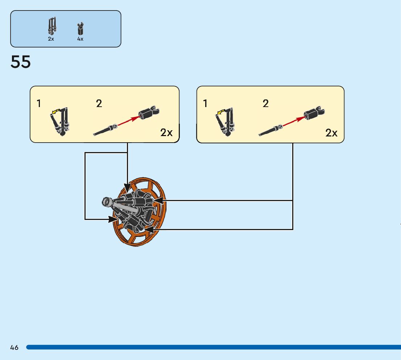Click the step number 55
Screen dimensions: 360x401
[21, 62]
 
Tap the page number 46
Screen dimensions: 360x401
[14, 348]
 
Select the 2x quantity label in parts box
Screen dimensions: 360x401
[51, 39]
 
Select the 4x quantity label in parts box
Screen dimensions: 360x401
[80, 39]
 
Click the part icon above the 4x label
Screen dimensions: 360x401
[80, 29]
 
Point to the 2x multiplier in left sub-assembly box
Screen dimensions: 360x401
[166, 132]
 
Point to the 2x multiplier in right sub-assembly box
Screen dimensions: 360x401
[331, 133]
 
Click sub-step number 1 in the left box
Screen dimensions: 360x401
[39, 104]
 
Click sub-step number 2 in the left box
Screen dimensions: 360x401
[99, 104]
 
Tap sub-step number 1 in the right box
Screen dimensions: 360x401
[205, 104]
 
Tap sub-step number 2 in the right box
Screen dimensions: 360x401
[266, 104]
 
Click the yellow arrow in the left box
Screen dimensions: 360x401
[55, 112]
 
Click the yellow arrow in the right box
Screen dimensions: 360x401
[220, 112]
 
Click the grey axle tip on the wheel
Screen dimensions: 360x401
[107, 201]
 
